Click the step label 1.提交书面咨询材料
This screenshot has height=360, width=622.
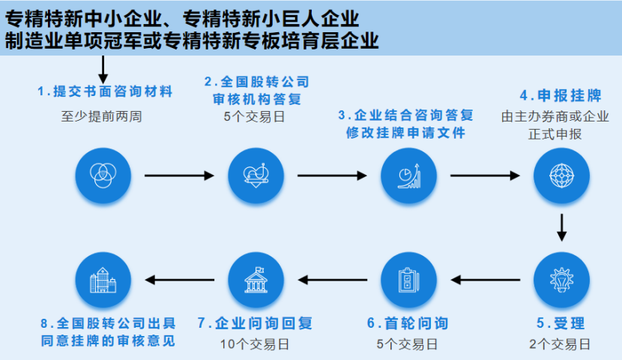pyautogui.click(x=105, y=91)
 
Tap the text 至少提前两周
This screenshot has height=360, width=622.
pyautogui.click(x=102, y=116)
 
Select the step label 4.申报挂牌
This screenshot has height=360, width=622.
pyautogui.click(x=561, y=96)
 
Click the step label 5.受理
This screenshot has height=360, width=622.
pyautogui.click(x=561, y=323)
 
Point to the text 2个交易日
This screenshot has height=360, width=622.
pyautogui.click(x=560, y=343)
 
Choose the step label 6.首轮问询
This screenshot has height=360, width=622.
pyautogui.click(x=408, y=323)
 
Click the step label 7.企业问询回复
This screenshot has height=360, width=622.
pyautogui.click(x=255, y=323)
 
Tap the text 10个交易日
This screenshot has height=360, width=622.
pyautogui.click(x=255, y=343)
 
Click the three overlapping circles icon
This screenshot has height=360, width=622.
pyautogui.click(x=103, y=175)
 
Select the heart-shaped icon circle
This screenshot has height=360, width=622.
pyautogui.click(x=256, y=175)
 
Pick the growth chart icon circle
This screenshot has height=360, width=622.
pyautogui.click(x=408, y=175)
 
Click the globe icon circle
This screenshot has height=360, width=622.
pyautogui.click(x=561, y=175)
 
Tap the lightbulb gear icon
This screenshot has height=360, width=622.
pyautogui.click(x=561, y=280)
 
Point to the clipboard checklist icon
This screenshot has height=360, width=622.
pyautogui.click(x=408, y=280)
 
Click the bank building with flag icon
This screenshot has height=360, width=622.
pyautogui.click(x=256, y=280)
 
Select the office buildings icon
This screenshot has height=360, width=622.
pyautogui.click(x=103, y=280)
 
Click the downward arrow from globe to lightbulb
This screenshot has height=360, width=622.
pyautogui.click(x=561, y=227)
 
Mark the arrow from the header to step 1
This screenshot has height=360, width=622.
pyautogui.click(x=103, y=70)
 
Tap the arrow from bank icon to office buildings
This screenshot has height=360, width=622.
pyautogui.click(x=180, y=280)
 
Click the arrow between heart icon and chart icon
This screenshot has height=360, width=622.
pyautogui.click(x=332, y=175)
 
